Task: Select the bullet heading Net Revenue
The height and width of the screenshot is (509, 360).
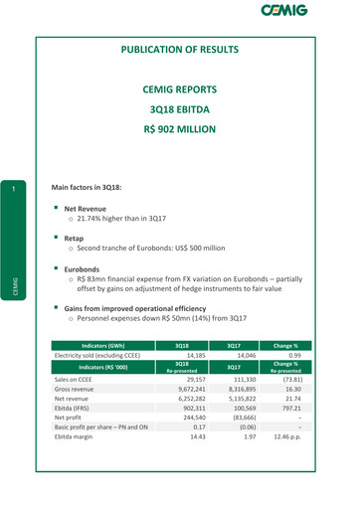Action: pos(90,211)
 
